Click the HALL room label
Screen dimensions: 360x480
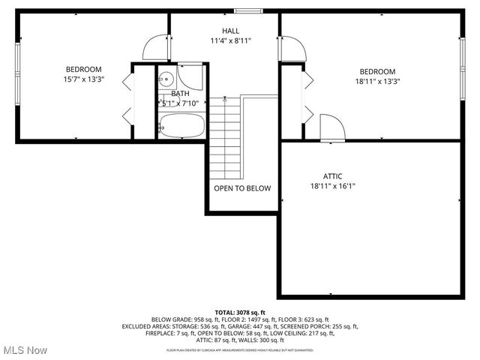click(230, 31)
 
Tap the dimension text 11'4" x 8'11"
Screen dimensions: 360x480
click(230, 40)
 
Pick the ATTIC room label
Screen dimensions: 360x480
click(332, 176)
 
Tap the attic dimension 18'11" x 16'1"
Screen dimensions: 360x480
click(332, 186)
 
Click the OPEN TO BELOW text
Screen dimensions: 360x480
click(242, 188)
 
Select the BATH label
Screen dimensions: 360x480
click(180, 94)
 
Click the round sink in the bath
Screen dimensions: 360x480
click(166, 79)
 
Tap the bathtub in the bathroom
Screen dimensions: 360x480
click(181, 125)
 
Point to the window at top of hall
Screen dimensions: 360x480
click(247, 10)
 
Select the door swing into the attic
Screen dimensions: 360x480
click(331, 127)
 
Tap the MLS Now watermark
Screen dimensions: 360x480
click(25, 350)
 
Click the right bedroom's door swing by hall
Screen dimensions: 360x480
click(294, 49)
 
